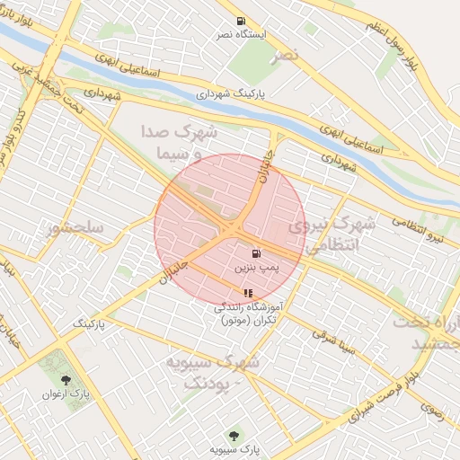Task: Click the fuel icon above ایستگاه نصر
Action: pos(240,21)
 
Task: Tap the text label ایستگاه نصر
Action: pos(240,34)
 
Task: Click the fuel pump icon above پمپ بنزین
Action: pos(258,254)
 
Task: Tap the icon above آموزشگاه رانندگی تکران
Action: pos(248,294)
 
